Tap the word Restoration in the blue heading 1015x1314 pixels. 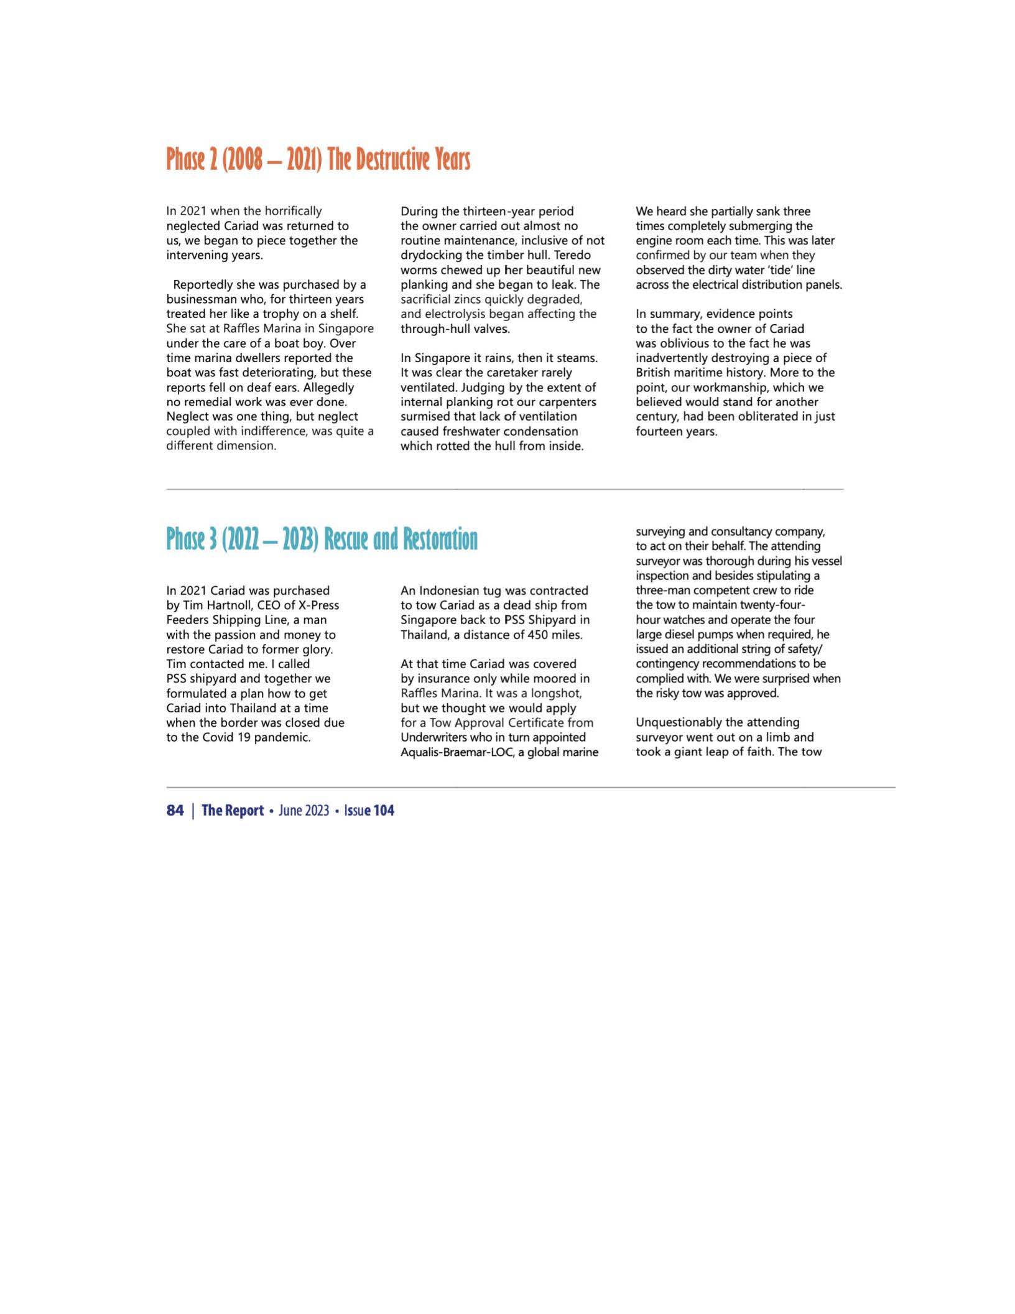[440, 539]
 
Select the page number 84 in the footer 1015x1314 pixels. [175, 810]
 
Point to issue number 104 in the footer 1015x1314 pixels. [384, 810]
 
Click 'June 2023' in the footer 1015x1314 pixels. [304, 810]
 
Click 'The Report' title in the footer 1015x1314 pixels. [233, 810]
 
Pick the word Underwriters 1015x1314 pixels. [431, 737]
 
